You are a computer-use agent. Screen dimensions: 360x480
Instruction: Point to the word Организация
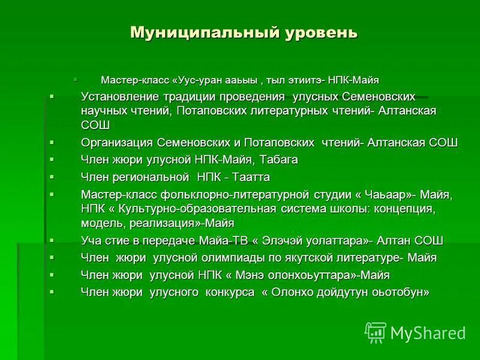116,143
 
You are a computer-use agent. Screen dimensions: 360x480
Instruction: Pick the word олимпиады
253,258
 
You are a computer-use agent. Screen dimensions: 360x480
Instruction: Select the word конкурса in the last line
230,292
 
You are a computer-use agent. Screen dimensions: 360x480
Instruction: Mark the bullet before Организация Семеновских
52,142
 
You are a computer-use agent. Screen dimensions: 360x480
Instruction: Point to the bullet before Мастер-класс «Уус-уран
76,79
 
